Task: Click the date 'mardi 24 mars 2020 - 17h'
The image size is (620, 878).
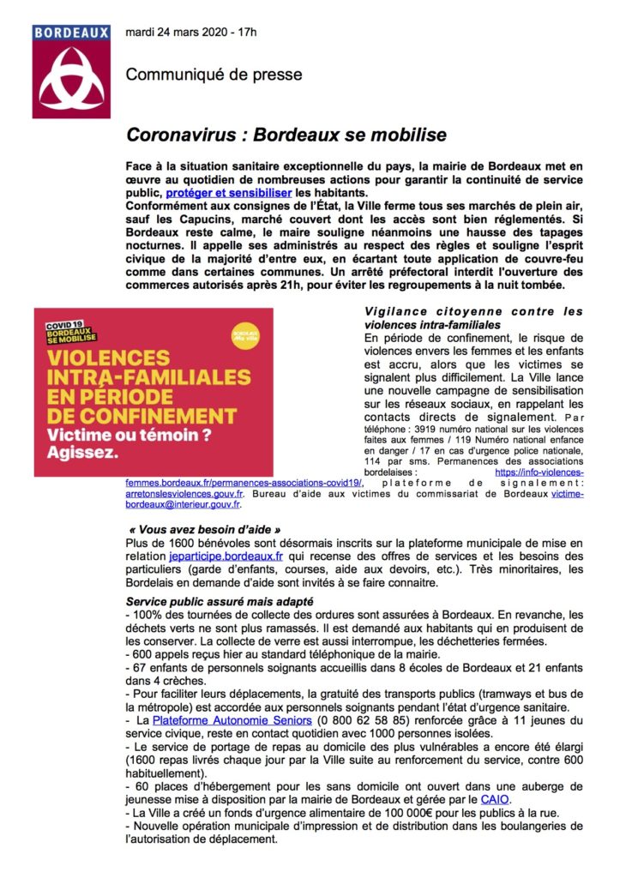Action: click(x=191, y=33)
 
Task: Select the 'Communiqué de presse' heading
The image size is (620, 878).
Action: click(x=214, y=75)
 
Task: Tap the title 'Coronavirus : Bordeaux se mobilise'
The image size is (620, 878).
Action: click(x=286, y=135)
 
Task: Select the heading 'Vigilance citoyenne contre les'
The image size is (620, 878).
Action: click(x=473, y=310)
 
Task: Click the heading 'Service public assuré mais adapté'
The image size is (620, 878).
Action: click(x=218, y=602)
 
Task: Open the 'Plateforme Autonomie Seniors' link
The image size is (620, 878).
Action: click(x=232, y=722)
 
